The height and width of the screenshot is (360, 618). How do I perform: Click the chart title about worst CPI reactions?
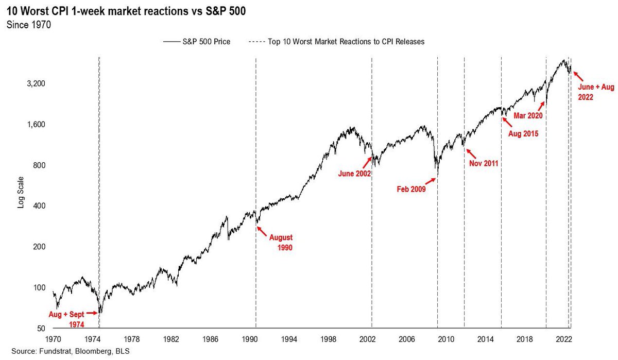click(126, 11)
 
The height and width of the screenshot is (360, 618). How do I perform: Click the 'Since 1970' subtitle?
click(29, 25)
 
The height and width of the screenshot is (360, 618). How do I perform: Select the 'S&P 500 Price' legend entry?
click(197, 42)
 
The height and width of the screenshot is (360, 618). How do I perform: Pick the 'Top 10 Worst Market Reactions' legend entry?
click(337, 42)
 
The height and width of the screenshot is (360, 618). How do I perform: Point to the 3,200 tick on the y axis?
click(36, 83)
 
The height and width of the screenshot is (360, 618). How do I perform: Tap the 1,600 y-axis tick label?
click(36, 125)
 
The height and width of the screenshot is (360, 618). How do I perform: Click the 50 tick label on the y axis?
click(41, 328)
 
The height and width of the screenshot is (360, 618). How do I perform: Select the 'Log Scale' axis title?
click(21, 192)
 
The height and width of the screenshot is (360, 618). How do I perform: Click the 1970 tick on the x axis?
click(53, 339)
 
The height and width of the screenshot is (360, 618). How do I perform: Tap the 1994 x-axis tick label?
click(289, 339)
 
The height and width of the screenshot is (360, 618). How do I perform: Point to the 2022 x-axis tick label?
click(564, 339)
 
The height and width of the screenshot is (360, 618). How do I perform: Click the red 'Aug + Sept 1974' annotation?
click(66, 319)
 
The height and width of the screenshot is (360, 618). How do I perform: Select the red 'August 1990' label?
click(281, 242)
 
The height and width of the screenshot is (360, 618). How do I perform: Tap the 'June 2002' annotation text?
click(354, 174)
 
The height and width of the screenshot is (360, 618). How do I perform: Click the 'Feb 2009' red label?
click(411, 189)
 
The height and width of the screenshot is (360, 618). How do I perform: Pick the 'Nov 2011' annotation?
click(484, 163)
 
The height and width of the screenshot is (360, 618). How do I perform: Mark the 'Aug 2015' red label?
click(523, 134)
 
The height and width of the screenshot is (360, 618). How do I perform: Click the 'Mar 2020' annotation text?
click(528, 115)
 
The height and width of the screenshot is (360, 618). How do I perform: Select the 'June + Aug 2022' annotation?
click(596, 92)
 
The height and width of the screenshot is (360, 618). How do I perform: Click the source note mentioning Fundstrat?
click(71, 351)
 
